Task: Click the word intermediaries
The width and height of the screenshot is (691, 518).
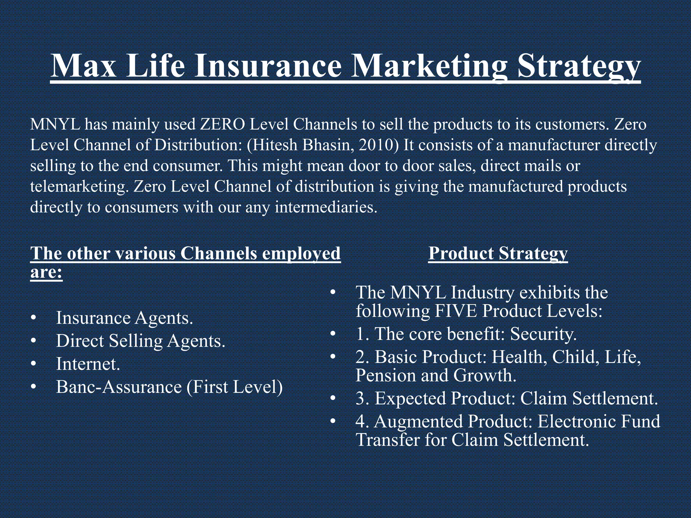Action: (x=326, y=207)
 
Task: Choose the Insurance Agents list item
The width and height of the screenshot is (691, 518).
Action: (x=125, y=318)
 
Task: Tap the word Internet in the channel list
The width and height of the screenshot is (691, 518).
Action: (x=88, y=364)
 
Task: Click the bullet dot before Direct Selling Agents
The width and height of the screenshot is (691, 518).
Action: (x=33, y=341)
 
